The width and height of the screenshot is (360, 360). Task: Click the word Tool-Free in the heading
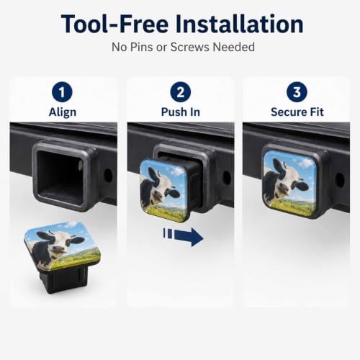(114, 24)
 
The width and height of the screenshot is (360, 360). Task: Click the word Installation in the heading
(239, 24)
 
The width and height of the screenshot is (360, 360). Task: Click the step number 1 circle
(62, 92)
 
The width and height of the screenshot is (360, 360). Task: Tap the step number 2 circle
(181, 92)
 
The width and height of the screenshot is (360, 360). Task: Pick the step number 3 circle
(297, 92)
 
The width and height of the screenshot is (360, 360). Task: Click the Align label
(63, 112)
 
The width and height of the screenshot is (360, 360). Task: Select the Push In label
(181, 112)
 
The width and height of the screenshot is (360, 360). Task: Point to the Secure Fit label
(297, 112)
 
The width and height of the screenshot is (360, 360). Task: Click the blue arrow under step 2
(184, 237)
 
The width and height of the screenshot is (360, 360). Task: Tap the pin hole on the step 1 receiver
(108, 176)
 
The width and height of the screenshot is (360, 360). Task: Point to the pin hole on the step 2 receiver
(227, 178)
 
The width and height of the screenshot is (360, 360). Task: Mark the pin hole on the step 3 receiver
(340, 179)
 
